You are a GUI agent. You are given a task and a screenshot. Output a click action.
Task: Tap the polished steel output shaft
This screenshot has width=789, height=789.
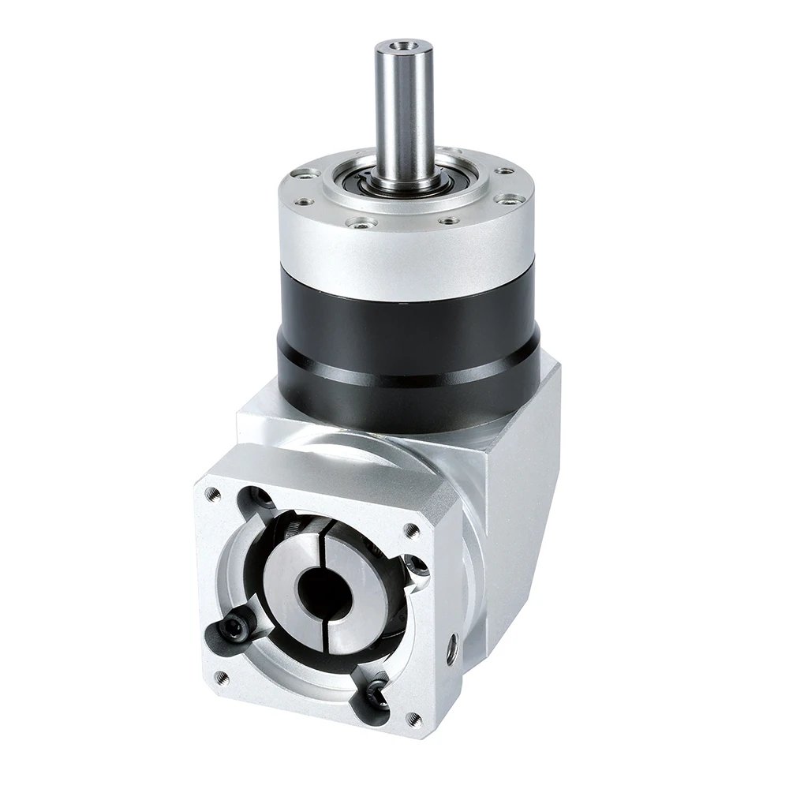click(403, 110)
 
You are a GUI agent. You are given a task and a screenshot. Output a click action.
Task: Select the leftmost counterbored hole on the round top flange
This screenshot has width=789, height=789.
click(305, 173)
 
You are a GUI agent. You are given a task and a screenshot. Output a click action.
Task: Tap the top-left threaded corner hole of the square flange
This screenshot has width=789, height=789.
click(211, 495)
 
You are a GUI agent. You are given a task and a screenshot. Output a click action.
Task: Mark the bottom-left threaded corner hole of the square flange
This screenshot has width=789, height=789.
click(222, 675)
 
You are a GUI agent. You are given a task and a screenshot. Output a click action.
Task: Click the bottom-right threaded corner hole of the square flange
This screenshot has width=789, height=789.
click(410, 717)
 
